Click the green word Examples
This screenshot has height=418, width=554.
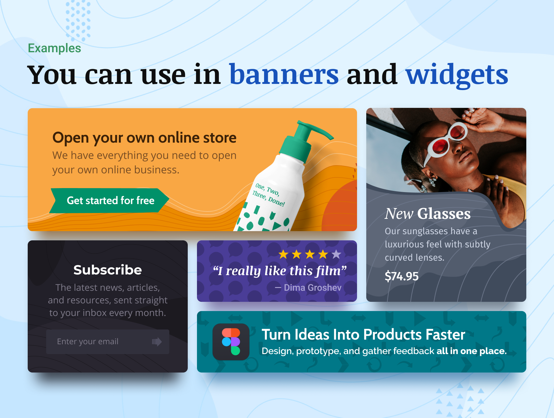tap(54, 48)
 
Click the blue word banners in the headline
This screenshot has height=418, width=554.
tap(284, 74)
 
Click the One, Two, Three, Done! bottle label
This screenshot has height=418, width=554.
tap(269, 195)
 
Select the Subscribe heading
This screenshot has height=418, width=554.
tap(108, 270)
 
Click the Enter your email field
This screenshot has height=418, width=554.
tap(108, 342)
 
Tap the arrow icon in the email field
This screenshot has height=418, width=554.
tap(157, 342)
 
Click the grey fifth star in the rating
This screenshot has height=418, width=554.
tap(336, 254)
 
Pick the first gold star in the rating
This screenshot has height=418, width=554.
tap(283, 254)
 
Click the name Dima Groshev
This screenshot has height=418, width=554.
tap(312, 288)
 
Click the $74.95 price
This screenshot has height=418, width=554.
tap(402, 276)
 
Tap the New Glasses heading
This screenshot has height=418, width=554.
tap(428, 214)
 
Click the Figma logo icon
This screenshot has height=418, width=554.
tap(231, 342)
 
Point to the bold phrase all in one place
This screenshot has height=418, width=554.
tap(472, 351)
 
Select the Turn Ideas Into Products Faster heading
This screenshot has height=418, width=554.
tap(363, 335)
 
